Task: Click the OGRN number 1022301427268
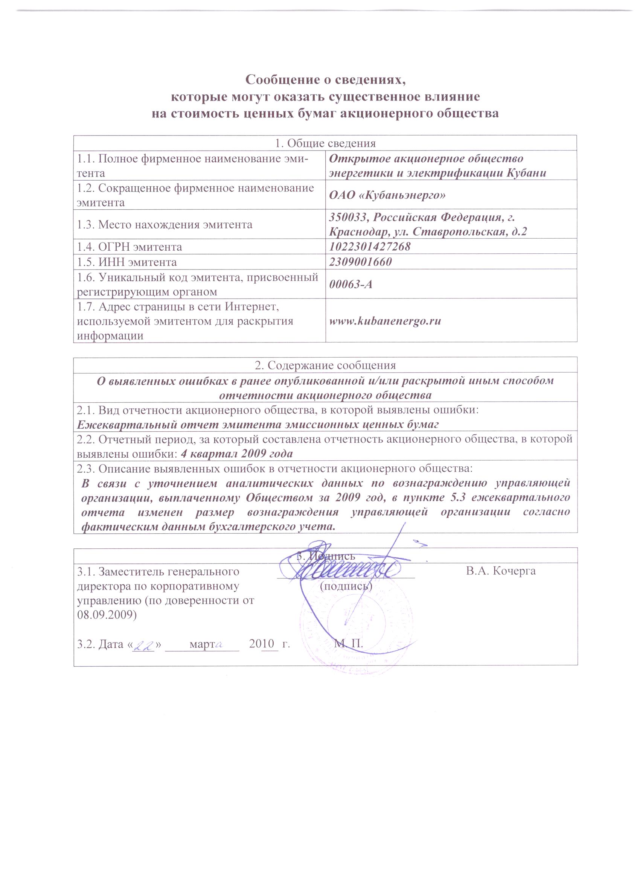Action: [x=369, y=247]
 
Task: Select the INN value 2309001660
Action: [x=360, y=262]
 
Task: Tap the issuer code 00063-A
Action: [x=350, y=284]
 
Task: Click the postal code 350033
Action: [x=348, y=217]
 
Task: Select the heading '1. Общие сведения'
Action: [x=325, y=143]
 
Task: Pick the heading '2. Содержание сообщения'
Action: [x=325, y=365]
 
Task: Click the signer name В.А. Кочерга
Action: [x=501, y=571]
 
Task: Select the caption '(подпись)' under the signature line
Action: [x=346, y=586]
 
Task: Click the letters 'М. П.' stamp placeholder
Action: [x=349, y=644]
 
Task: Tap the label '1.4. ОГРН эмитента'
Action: [x=129, y=247]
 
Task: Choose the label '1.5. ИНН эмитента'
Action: [x=126, y=262]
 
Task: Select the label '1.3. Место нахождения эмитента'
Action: [x=165, y=224]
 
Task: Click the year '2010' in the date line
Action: [x=262, y=644]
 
